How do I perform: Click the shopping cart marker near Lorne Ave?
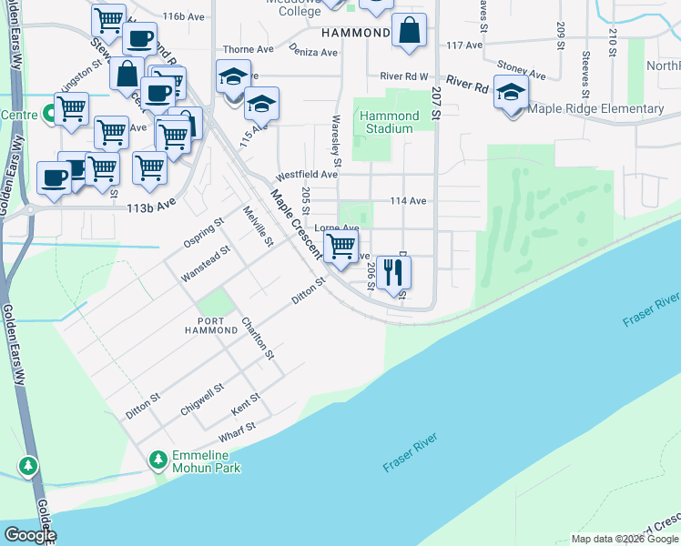tap(340, 246)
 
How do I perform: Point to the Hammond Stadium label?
tap(389, 122)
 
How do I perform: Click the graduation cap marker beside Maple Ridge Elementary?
tap(512, 93)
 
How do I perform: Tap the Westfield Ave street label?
tap(308, 174)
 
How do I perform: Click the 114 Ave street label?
tap(408, 201)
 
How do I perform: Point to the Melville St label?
tap(258, 226)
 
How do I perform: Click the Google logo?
tap(30, 535)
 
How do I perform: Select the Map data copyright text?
tap(625, 539)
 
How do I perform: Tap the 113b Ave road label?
tap(150, 207)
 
